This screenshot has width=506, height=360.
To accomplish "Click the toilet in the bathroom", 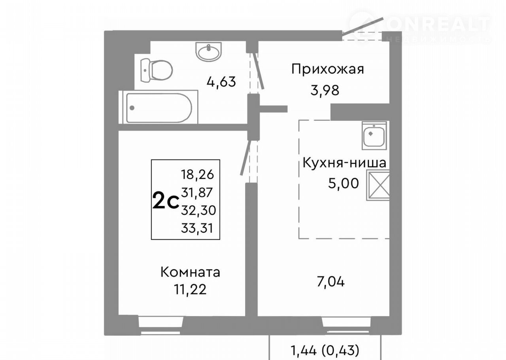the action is [156, 70].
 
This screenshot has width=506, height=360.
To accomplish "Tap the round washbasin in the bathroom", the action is [209, 51].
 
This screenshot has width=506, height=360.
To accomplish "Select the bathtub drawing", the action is [159, 107].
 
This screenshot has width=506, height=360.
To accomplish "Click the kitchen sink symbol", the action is [374, 135].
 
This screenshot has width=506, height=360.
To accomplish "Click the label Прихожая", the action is [328, 69].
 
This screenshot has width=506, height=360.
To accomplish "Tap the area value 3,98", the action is [325, 91].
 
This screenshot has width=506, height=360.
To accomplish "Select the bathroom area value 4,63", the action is [221, 82].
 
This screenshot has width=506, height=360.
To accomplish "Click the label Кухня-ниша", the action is [344, 163].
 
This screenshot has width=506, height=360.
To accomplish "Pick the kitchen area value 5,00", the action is [344, 183].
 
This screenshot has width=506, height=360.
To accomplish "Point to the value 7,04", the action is [331, 282].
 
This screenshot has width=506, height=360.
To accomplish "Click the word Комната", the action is [190, 272].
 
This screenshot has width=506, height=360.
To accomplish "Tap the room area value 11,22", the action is [190, 290].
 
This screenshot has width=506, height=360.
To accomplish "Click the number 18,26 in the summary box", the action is [197, 175].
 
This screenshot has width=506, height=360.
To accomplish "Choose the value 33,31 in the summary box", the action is [197, 228].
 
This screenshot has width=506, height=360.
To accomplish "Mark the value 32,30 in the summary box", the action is [198, 210].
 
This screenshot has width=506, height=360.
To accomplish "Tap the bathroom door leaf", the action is [259, 71].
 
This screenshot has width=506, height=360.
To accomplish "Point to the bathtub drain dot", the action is [132, 108].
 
